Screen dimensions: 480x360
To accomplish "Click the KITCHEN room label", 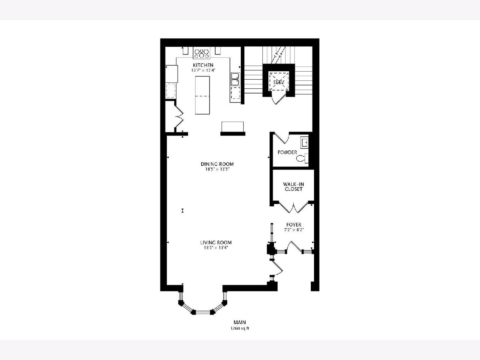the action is (203, 65).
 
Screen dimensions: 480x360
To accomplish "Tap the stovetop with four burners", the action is (202, 53).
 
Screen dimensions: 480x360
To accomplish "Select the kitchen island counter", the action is (202, 95).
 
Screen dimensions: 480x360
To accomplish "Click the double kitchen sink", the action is (236, 79).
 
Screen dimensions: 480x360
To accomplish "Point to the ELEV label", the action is (279, 82).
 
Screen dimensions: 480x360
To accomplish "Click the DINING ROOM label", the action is (217, 164).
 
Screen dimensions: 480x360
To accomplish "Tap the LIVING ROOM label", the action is (216, 242).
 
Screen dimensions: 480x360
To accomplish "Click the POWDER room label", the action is (287, 152).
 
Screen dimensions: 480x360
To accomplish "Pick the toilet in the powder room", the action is (302, 158).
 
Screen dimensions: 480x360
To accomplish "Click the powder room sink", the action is (304, 143).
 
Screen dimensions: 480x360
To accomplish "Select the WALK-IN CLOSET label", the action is (294, 187).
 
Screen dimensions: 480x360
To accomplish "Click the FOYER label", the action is (294, 224).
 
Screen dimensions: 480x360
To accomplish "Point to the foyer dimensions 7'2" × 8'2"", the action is (294, 230).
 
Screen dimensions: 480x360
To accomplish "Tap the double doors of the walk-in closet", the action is (294, 206).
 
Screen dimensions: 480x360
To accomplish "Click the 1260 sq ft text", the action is (240, 328).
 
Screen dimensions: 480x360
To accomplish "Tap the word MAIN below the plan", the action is (240, 322).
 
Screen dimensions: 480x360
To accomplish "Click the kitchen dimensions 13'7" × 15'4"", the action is (203, 70).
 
